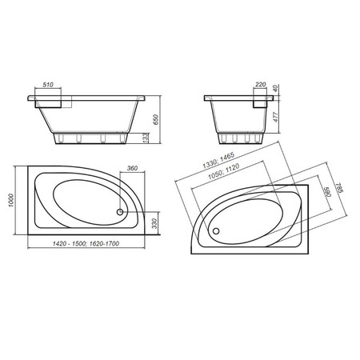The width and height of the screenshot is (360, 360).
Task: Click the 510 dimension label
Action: tap(48, 85)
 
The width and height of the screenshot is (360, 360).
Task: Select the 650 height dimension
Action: tap(156, 119)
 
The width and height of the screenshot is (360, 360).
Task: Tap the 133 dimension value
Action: tap(146, 138)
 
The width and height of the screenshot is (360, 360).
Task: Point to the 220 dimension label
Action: tap(260, 85)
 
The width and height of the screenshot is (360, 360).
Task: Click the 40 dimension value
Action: tap(276, 88)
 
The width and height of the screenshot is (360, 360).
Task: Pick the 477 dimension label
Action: tap(276, 117)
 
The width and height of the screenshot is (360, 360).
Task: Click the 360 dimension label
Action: tap(132, 168)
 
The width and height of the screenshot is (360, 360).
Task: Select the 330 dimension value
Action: tap(154, 223)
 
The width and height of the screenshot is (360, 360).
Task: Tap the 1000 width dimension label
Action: tap(11, 200)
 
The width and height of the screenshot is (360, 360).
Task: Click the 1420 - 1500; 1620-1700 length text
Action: tap(86, 243)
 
